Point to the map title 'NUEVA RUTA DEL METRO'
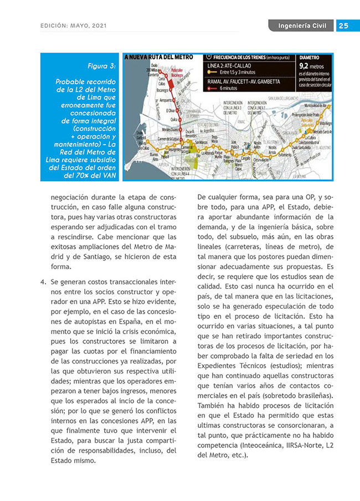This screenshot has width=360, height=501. [x=161, y=57]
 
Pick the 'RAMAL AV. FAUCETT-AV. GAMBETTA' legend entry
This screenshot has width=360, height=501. [x=244, y=81]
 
